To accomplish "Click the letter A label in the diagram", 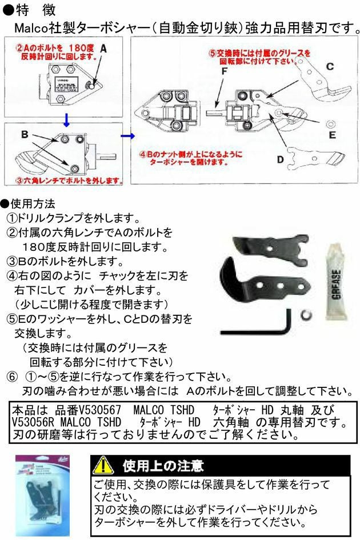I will point(103,50).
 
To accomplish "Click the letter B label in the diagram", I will point(25,135).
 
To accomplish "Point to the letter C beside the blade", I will point(330,67).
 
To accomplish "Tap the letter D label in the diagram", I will point(280,159).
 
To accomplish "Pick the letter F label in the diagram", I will point(225,71).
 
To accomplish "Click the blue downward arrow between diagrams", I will point(66,119).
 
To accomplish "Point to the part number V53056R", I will point(34,423).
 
